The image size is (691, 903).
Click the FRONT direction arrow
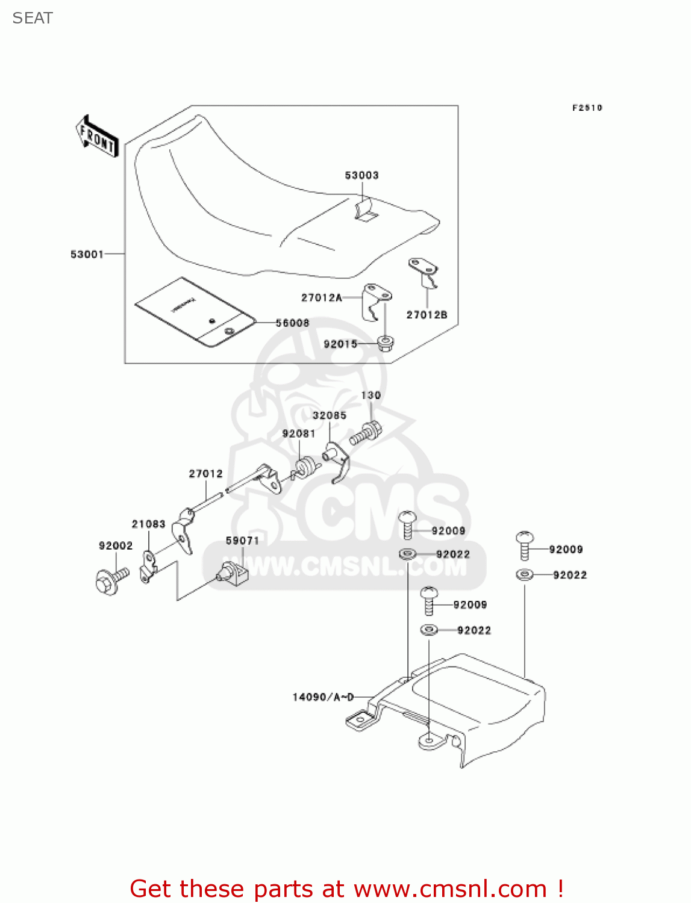(x=96, y=136)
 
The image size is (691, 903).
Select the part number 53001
(x=87, y=254)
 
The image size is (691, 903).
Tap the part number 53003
(x=361, y=175)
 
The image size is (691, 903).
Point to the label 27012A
(x=322, y=297)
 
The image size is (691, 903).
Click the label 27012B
(x=427, y=315)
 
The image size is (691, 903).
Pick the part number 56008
(x=292, y=323)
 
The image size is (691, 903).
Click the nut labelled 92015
(x=385, y=344)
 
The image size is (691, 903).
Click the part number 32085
(x=329, y=415)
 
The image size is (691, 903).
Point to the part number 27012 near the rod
(x=205, y=474)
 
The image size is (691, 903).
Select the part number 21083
(x=148, y=524)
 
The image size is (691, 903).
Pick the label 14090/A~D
(x=323, y=697)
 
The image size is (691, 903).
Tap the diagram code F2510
(x=587, y=108)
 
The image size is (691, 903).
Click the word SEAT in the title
(x=33, y=18)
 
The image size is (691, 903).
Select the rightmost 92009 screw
(x=524, y=545)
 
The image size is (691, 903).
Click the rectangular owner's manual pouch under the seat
(x=194, y=311)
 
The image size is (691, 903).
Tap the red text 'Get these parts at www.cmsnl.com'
(x=346, y=889)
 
